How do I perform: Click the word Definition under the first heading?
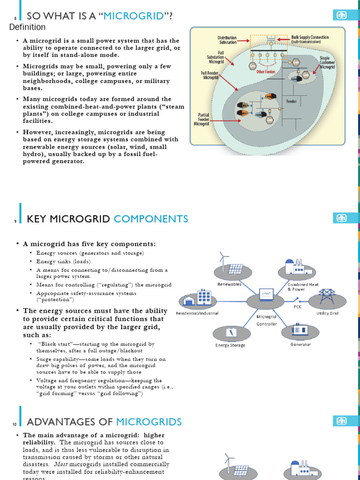point(28,27)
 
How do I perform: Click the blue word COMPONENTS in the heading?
point(151,219)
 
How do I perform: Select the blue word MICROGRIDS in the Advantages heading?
point(149,422)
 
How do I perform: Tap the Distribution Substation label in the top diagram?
point(227,40)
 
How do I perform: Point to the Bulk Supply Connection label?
point(310,39)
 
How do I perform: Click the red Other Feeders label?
point(266,72)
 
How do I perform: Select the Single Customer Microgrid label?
point(327,63)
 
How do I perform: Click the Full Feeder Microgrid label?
point(210,75)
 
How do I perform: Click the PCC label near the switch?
point(298,307)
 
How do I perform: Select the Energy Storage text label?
point(230,345)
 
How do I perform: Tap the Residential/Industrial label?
point(197,313)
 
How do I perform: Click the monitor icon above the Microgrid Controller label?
point(266,294)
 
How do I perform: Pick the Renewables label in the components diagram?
point(229,284)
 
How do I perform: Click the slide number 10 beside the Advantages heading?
point(15,424)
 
